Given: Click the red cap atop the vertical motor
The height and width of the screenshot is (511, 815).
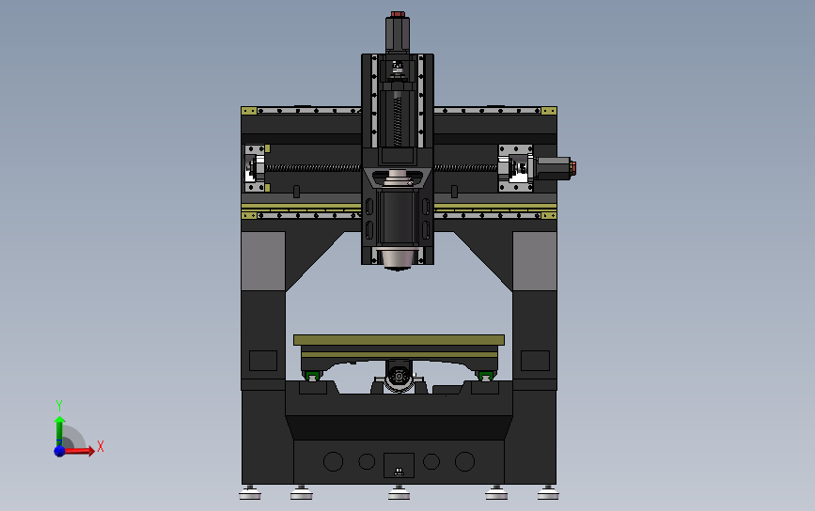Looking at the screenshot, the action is [398, 14].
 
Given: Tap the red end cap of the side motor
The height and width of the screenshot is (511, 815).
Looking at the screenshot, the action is [572, 168].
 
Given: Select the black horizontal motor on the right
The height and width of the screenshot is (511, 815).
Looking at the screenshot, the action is [552, 168].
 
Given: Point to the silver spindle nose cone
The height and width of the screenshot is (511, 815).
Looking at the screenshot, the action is [398, 258].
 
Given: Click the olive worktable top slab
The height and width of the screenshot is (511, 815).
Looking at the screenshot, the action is [399, 340].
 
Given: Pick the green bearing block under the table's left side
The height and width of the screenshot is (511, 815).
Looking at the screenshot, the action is [312, 376].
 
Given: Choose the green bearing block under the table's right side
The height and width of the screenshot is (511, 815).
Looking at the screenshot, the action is [485, 376].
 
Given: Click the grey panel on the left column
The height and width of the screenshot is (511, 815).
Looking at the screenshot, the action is [263, 261].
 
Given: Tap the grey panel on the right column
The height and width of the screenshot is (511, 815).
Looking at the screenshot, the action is [534, 261].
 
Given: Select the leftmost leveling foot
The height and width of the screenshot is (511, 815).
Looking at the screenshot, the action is [250, 493].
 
